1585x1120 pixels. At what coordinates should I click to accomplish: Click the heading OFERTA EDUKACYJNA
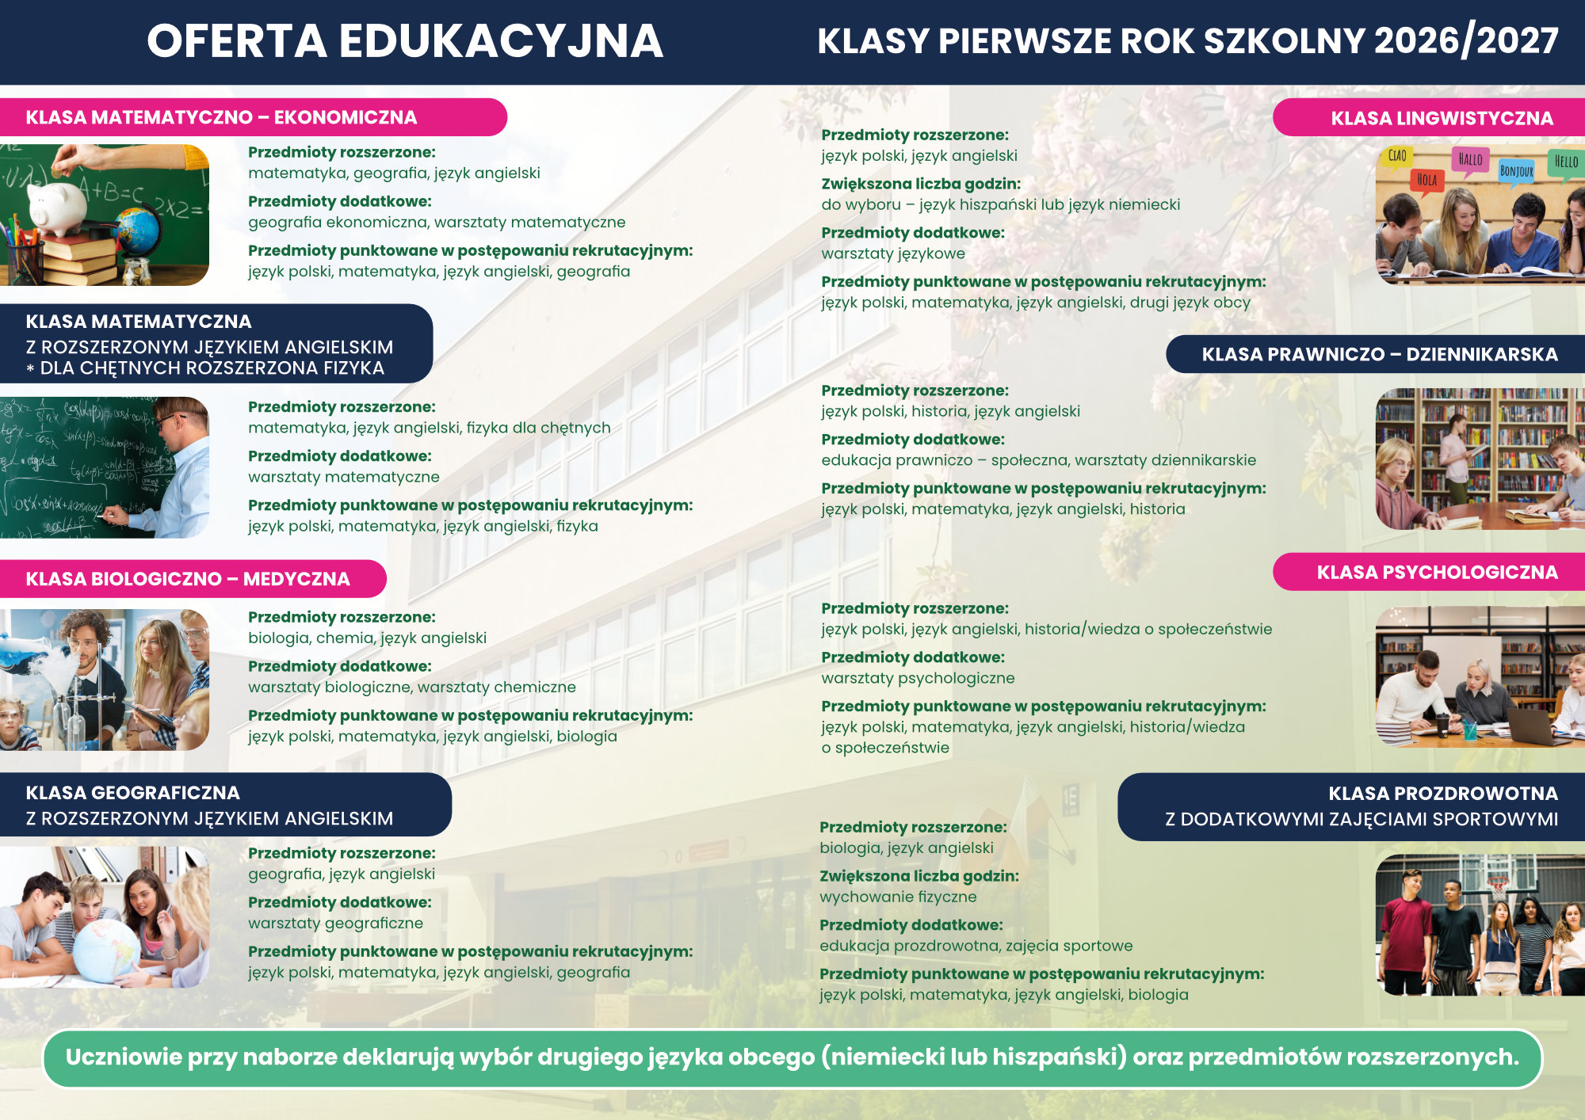(x=404, y=41)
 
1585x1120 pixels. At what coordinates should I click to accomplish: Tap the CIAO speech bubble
(x=1396, y=156)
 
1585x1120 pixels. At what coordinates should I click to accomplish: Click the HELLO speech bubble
(x=1565, y=162)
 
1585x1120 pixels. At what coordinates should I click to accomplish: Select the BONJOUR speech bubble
(x=1515, y=171)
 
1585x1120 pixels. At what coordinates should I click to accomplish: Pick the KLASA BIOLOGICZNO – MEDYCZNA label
(x=188, y=579)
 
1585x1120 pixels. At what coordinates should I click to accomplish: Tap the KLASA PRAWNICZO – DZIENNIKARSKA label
(x=1379, y=354)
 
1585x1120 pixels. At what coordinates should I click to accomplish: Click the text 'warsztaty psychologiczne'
(x=918, y=678)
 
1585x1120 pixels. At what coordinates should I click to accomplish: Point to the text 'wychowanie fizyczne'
(x=898, y=897)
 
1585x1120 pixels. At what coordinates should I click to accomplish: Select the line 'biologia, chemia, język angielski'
(x=367, y=638)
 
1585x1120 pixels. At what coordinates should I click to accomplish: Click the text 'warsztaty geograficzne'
(x=335, y=923)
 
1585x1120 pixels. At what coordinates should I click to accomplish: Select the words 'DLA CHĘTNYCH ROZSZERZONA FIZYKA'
(x=212, y=368)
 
